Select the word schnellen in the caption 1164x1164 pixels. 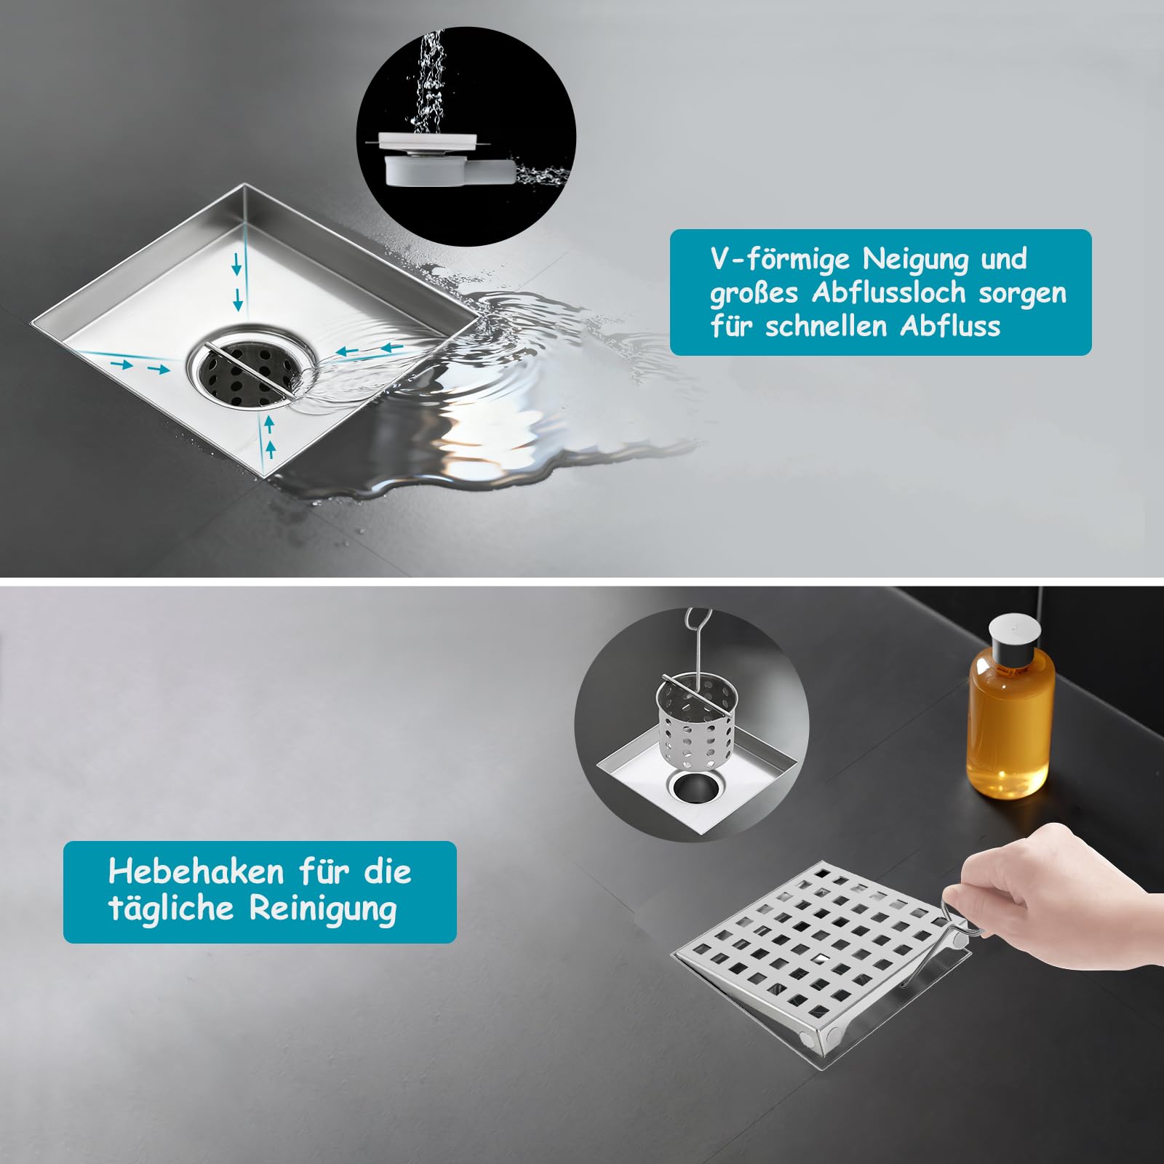click(826, 326)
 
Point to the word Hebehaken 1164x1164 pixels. click(196, 871)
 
